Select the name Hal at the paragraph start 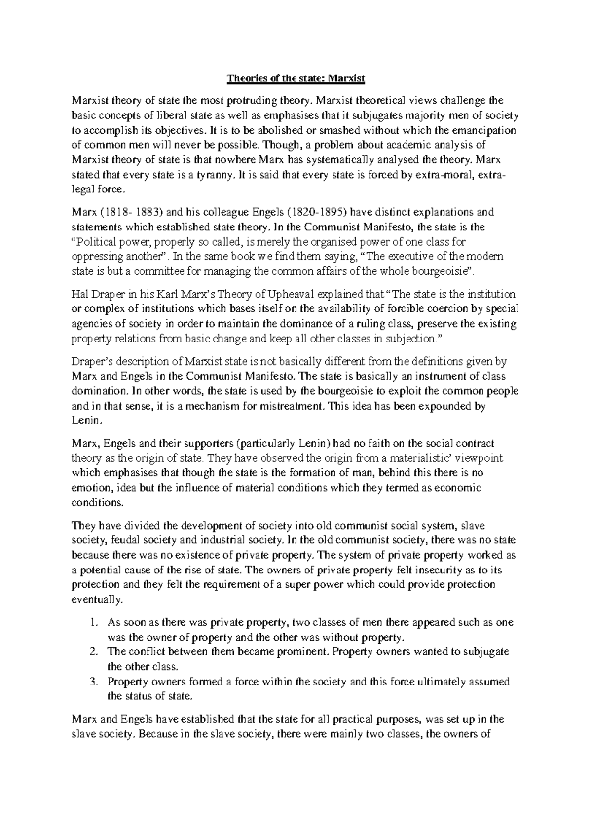point(79,295)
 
